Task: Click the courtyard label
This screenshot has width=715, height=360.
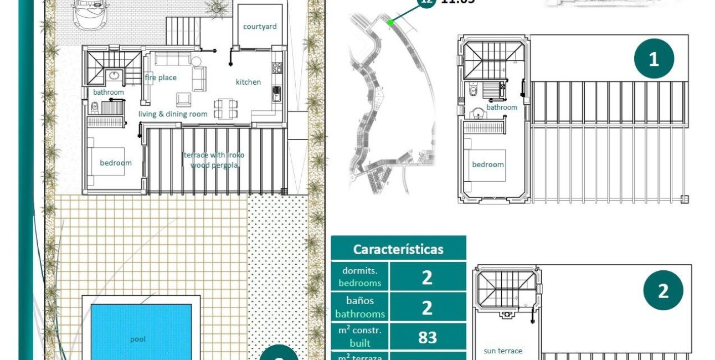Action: click(259, 27)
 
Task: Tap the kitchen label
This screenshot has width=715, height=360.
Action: click(248, 82)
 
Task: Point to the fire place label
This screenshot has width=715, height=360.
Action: click(161, 78)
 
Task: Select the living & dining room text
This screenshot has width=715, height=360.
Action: click(173, 114)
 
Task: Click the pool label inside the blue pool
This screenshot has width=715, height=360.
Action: click(138, 339)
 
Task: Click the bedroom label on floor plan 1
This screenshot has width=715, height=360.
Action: click(488, 164)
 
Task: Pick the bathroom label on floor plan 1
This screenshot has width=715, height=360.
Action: click(502, 107)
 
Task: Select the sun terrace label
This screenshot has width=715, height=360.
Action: click(503, 351)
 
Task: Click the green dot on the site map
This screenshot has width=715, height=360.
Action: click(390, 22)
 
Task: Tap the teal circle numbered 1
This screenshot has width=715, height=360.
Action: click(654, 59)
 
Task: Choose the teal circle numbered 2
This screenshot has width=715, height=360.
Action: click(663, 291)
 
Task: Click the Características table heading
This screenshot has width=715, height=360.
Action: click(398, 249)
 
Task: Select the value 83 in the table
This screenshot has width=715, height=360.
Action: click(427, 337)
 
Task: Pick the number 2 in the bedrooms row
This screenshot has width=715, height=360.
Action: click(427, 277)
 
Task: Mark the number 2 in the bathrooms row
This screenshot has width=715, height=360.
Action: click(427, 307)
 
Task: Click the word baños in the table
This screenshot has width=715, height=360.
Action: click(360, 301)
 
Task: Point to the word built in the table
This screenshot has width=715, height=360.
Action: click(360, 343)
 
